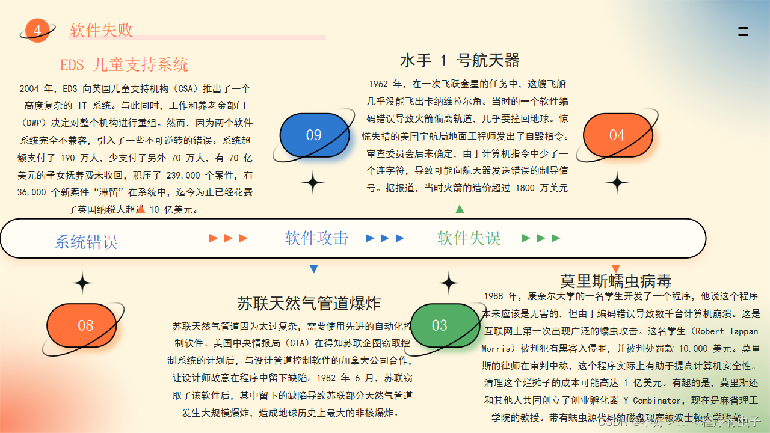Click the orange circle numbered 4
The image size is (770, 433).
37,31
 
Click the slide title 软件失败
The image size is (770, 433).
101,30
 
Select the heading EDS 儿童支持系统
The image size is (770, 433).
124,64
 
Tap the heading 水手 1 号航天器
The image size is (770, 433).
460,60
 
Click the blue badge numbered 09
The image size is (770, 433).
314,135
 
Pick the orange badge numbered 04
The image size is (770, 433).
617,135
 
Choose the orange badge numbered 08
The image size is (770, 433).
85,325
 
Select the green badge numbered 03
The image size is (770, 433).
440,325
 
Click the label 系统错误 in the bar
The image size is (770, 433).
86,242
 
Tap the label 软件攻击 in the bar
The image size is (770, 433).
317,238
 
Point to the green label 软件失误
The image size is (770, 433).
469,238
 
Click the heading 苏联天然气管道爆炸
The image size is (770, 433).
309,302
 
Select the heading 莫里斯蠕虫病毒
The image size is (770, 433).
615,281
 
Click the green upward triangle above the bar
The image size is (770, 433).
460,209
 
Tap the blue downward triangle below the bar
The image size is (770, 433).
313,269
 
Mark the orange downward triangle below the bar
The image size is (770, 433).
615,268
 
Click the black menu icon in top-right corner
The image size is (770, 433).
743,32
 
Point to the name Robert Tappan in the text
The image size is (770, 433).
728,331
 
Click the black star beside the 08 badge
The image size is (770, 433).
83,283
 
